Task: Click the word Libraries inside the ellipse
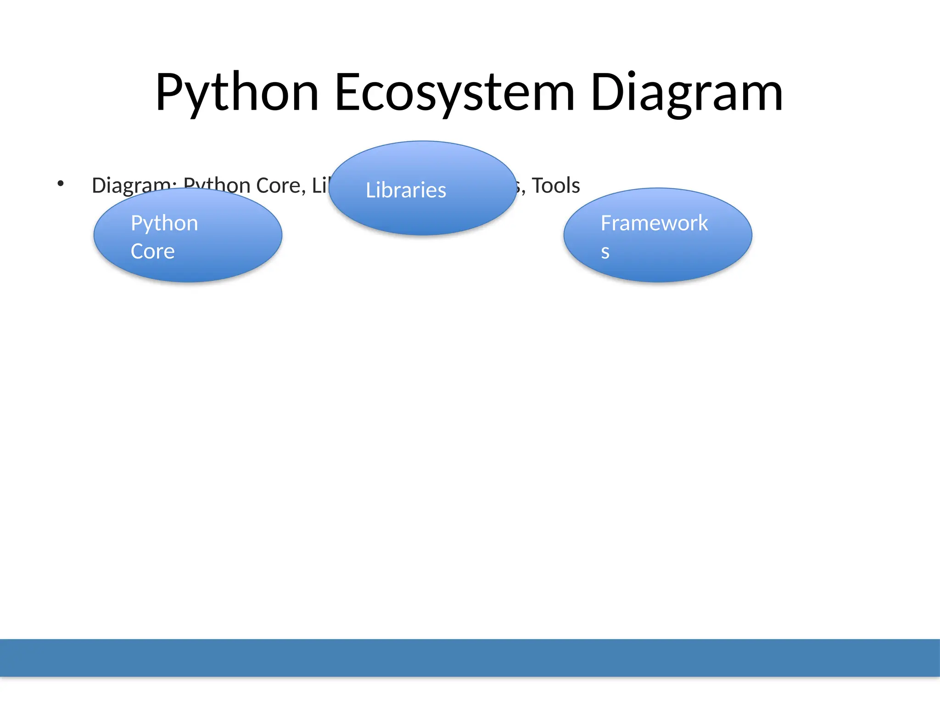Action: (406, 190)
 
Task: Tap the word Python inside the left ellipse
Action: (164, 224)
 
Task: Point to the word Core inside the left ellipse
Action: (152, 252)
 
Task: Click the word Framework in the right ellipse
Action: (654, 224)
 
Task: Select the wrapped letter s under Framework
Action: (605, 252)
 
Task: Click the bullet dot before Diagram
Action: (61, 184)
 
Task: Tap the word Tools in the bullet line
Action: (556, 185)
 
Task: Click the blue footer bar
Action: (470, 657)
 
